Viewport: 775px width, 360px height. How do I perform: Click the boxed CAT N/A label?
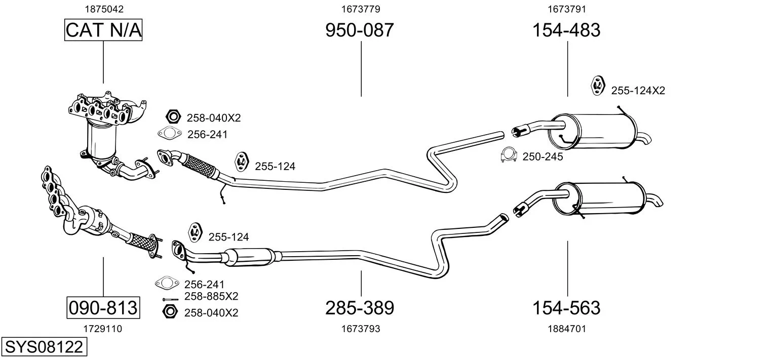103,30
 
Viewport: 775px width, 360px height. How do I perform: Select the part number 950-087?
360,30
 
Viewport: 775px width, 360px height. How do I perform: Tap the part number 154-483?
566,30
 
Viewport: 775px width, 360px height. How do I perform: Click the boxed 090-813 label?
103,307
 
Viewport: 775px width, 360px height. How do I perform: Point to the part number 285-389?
360,308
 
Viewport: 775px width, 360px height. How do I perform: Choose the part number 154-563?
566,308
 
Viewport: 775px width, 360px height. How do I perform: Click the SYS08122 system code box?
44,347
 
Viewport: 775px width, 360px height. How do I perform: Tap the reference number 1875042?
104,9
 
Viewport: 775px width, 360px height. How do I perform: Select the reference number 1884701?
567,329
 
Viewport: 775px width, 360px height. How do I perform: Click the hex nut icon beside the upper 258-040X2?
173,117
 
